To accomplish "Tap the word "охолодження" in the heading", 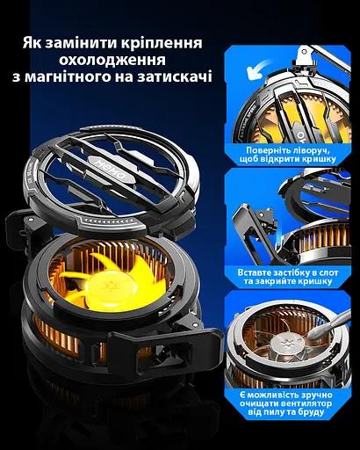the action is pos(112,60).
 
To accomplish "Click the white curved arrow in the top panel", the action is pos(259,69).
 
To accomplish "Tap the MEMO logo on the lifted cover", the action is pos(112,169).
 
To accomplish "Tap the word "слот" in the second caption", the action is pos(327,273).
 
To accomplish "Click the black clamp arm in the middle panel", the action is pos(252,231).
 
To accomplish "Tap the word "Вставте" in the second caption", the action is pos(249,272).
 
